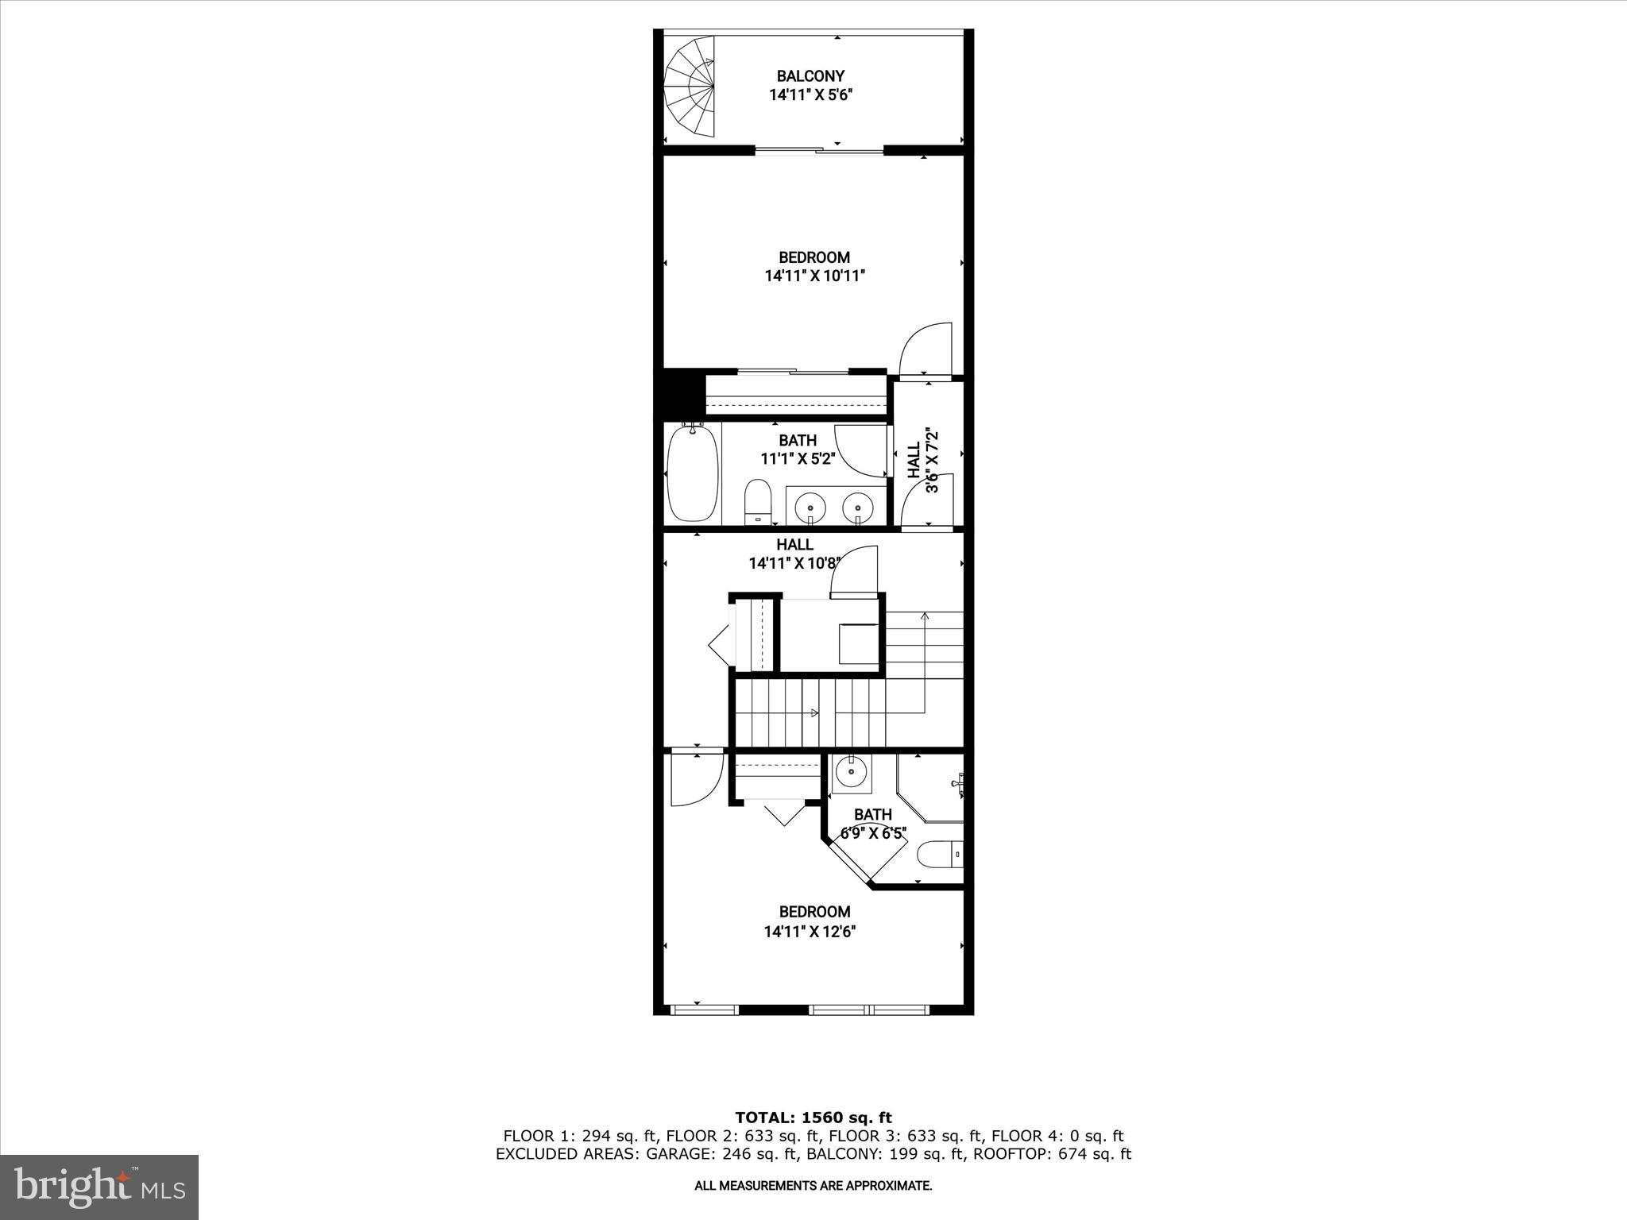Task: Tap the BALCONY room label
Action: click(x=810, y=76)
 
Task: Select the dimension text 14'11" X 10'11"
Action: click(x=814, y=276)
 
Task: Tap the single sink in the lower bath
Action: click(x=852, y=770)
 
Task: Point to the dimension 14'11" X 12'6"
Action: click(x=810, y=932)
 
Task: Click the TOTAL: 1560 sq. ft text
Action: click(x=813, y=1118)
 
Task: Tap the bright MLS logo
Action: click(x=99, y=1187)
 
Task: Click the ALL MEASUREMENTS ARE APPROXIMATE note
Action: click(x=813, y=1186)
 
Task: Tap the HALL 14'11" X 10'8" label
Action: click(x=794, y=554)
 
